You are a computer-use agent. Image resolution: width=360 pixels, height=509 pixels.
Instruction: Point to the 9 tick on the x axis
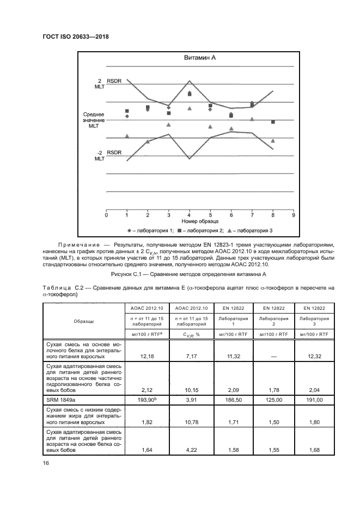[x=294, y=216]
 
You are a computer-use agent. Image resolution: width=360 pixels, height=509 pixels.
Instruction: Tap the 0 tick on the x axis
[x=106, y=216]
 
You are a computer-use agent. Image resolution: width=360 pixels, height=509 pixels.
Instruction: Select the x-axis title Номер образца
[x=200, y=223]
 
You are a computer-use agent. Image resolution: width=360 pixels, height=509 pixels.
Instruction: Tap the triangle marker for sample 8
[x=273, y=141]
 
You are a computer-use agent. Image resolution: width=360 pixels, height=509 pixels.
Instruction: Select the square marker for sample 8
[x=273, y=122]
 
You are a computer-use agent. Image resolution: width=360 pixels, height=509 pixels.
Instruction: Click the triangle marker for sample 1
[x=127, y=136]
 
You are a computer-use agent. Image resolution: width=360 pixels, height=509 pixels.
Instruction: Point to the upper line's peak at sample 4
[x=190, y=81]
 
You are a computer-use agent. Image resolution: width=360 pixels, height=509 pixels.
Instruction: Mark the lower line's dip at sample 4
[x=190, y=158]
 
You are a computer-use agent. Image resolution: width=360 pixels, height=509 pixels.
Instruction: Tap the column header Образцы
[x=84, y=322]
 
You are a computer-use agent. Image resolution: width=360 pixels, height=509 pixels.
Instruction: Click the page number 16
[x=46, y=463]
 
